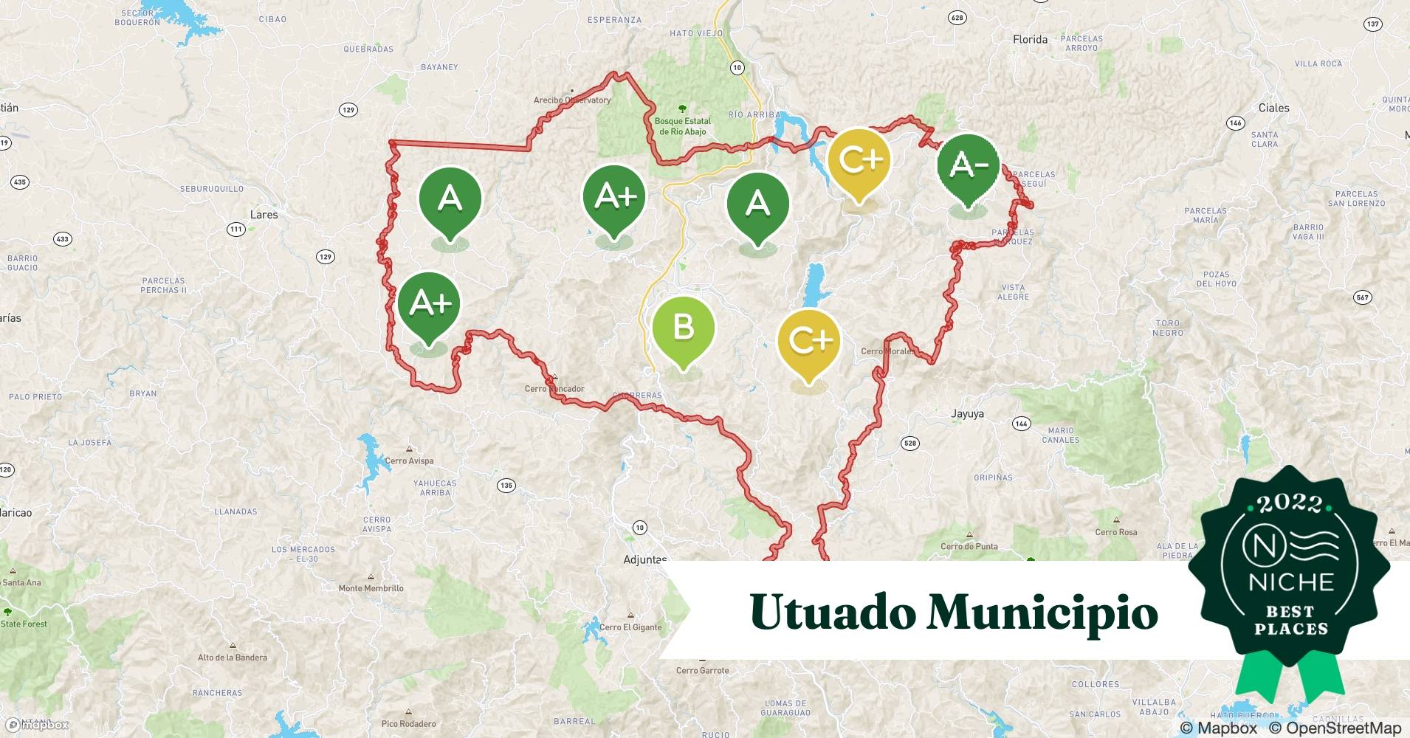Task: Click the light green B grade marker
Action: point(683,328)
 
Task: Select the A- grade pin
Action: point(968,165)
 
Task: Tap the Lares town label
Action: point(264,215)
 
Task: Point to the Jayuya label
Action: point(967,414)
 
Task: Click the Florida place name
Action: point(1030,40)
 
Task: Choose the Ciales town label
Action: point(1273,108)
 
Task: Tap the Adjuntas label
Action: point(644,559)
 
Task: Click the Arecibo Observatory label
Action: point(572,100)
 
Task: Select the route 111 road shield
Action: point(235,229)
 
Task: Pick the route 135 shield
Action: point(506,486)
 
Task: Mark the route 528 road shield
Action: point(909,444)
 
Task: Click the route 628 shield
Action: point(957,18)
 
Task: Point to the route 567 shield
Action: point(1362,297)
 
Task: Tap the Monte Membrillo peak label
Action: point(371,588)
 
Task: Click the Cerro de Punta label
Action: point(969,546)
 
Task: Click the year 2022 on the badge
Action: point(1290,503)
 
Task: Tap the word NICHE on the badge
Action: point(1291,582)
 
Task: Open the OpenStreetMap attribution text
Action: point(1335,728)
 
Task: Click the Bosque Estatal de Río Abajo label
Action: point(682,126)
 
